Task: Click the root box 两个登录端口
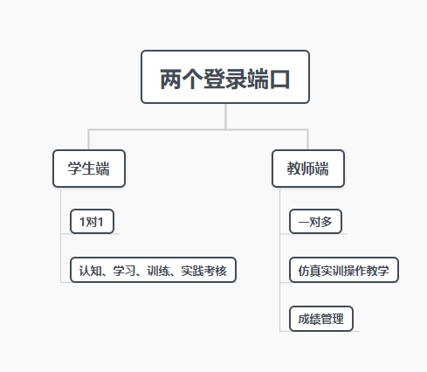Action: click(x=225, y=79)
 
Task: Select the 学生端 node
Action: click(x=89, y=169)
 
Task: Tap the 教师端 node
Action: click(x=308, y=169)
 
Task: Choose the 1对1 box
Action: click(x=92, y=222)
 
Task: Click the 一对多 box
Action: click(x=315, y=222)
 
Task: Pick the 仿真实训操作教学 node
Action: click(x=343, y=270)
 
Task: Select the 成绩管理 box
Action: click(x=320, y=319)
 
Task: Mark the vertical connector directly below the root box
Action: click(x=225, y=116)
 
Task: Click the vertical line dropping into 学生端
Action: click(x=89, y=140)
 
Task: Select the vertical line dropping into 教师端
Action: click(x=308, y=140)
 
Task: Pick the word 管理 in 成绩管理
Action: click(x=332, y=319)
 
